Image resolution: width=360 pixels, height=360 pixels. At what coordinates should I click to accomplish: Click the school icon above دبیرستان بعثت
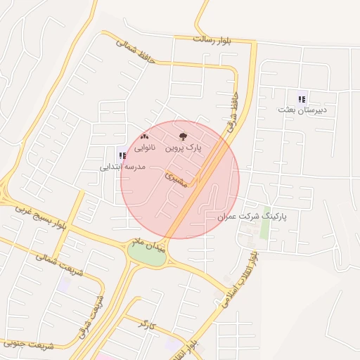click(x=302, y=99)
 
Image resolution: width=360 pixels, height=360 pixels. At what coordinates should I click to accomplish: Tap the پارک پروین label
click(x=184, y=148)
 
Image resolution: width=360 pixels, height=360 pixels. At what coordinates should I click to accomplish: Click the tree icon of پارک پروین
click(x=184, y=137)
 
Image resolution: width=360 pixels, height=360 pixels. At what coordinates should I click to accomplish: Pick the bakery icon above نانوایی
click(x=145, y=136)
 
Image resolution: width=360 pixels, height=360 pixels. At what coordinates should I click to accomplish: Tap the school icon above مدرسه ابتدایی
click(x=122, y=155)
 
